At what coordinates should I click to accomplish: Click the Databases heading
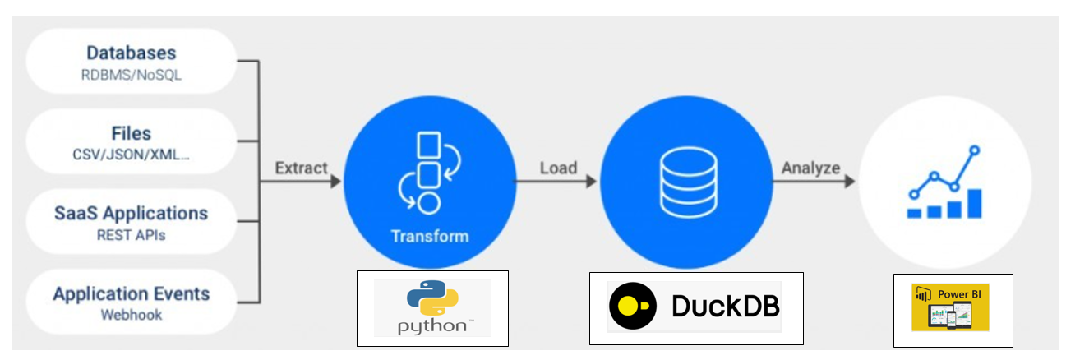[132, 53]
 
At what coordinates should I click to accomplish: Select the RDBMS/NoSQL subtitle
[132, 76]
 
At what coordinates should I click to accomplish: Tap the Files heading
[132, 133]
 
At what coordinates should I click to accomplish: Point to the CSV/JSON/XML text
[132, 155]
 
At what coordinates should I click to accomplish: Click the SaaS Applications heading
[132, 213]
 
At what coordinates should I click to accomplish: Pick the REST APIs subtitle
[132, 235]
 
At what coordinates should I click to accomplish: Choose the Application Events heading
[132, 293]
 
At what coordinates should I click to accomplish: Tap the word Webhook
[132, 315]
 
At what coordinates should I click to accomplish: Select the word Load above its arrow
[558, 168]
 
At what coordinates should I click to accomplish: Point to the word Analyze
[810, 168]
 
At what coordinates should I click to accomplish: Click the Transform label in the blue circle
[429, 237]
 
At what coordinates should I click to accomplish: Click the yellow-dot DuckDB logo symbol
[633, 306]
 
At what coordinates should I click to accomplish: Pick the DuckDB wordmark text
[725, 306]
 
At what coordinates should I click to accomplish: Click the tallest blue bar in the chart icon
[975, 203]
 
